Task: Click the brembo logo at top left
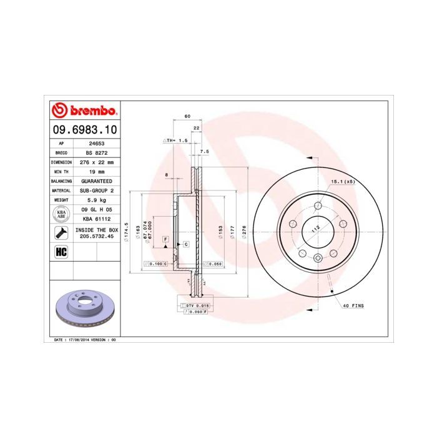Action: [83, 111]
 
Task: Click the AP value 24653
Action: [96, 143]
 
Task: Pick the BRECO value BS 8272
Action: [96, 152]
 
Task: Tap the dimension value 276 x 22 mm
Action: [96, 162]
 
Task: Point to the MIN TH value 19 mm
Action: [96, 171]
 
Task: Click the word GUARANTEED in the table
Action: [96, 180]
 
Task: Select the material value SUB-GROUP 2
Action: [96, 190]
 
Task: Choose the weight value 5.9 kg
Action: [96, 200]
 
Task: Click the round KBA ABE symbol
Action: [61, 214]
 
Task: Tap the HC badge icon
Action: [61, 252]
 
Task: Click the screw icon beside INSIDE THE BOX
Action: [61, 233]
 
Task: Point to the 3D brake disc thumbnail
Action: [83, 309]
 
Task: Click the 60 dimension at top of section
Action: [187, 117]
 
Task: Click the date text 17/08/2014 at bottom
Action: [86, 340]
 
